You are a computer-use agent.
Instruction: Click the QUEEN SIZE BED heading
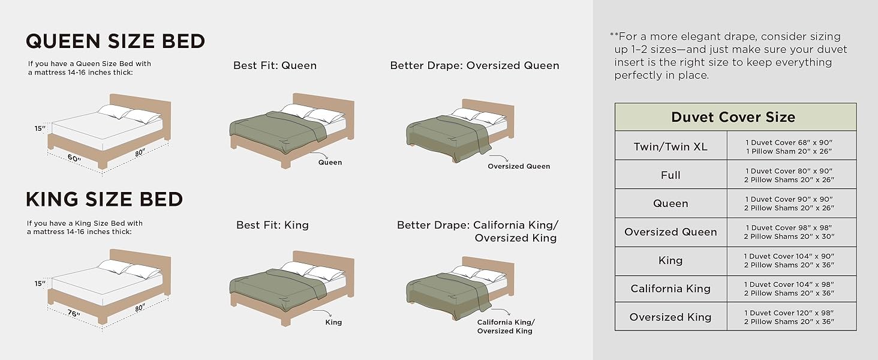pyautogui.click(x=115, y=41)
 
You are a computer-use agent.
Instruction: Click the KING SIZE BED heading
pyautogui.click(x=104, y=199)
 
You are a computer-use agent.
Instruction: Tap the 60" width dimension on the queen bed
pyautogui.click(x=74, y=158)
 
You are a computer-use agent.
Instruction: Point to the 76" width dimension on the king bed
pyautogui.click(x=74, y=313)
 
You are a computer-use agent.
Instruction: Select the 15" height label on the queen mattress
pyautogui.click(x=40, y=128)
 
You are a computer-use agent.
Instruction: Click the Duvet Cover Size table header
pyautogui.click(x=733, y=117)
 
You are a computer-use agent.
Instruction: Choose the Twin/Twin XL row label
pyautogui.click(x=670, y=146)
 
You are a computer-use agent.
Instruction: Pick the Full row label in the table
pyautogui.click(x=670, y=175)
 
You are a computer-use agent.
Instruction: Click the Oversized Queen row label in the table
pyautogui.click(x=670, y=232)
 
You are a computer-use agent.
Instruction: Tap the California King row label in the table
pyautogui.click(x=670, y=289)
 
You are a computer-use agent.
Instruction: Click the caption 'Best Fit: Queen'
pyautogui.click(x=275, y=65)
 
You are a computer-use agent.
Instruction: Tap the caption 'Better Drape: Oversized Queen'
pyautogui.click(x=474, y=65)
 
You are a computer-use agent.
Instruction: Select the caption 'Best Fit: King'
pyautogui.click(x=272, y=225)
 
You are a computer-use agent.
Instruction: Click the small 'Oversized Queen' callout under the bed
pyautogui.click(x=519, y=166)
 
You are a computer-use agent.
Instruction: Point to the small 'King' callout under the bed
pyautogui.click(x=333, y=322)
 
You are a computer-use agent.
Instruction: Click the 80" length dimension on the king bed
pyautogui.click(x=140, y=308)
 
